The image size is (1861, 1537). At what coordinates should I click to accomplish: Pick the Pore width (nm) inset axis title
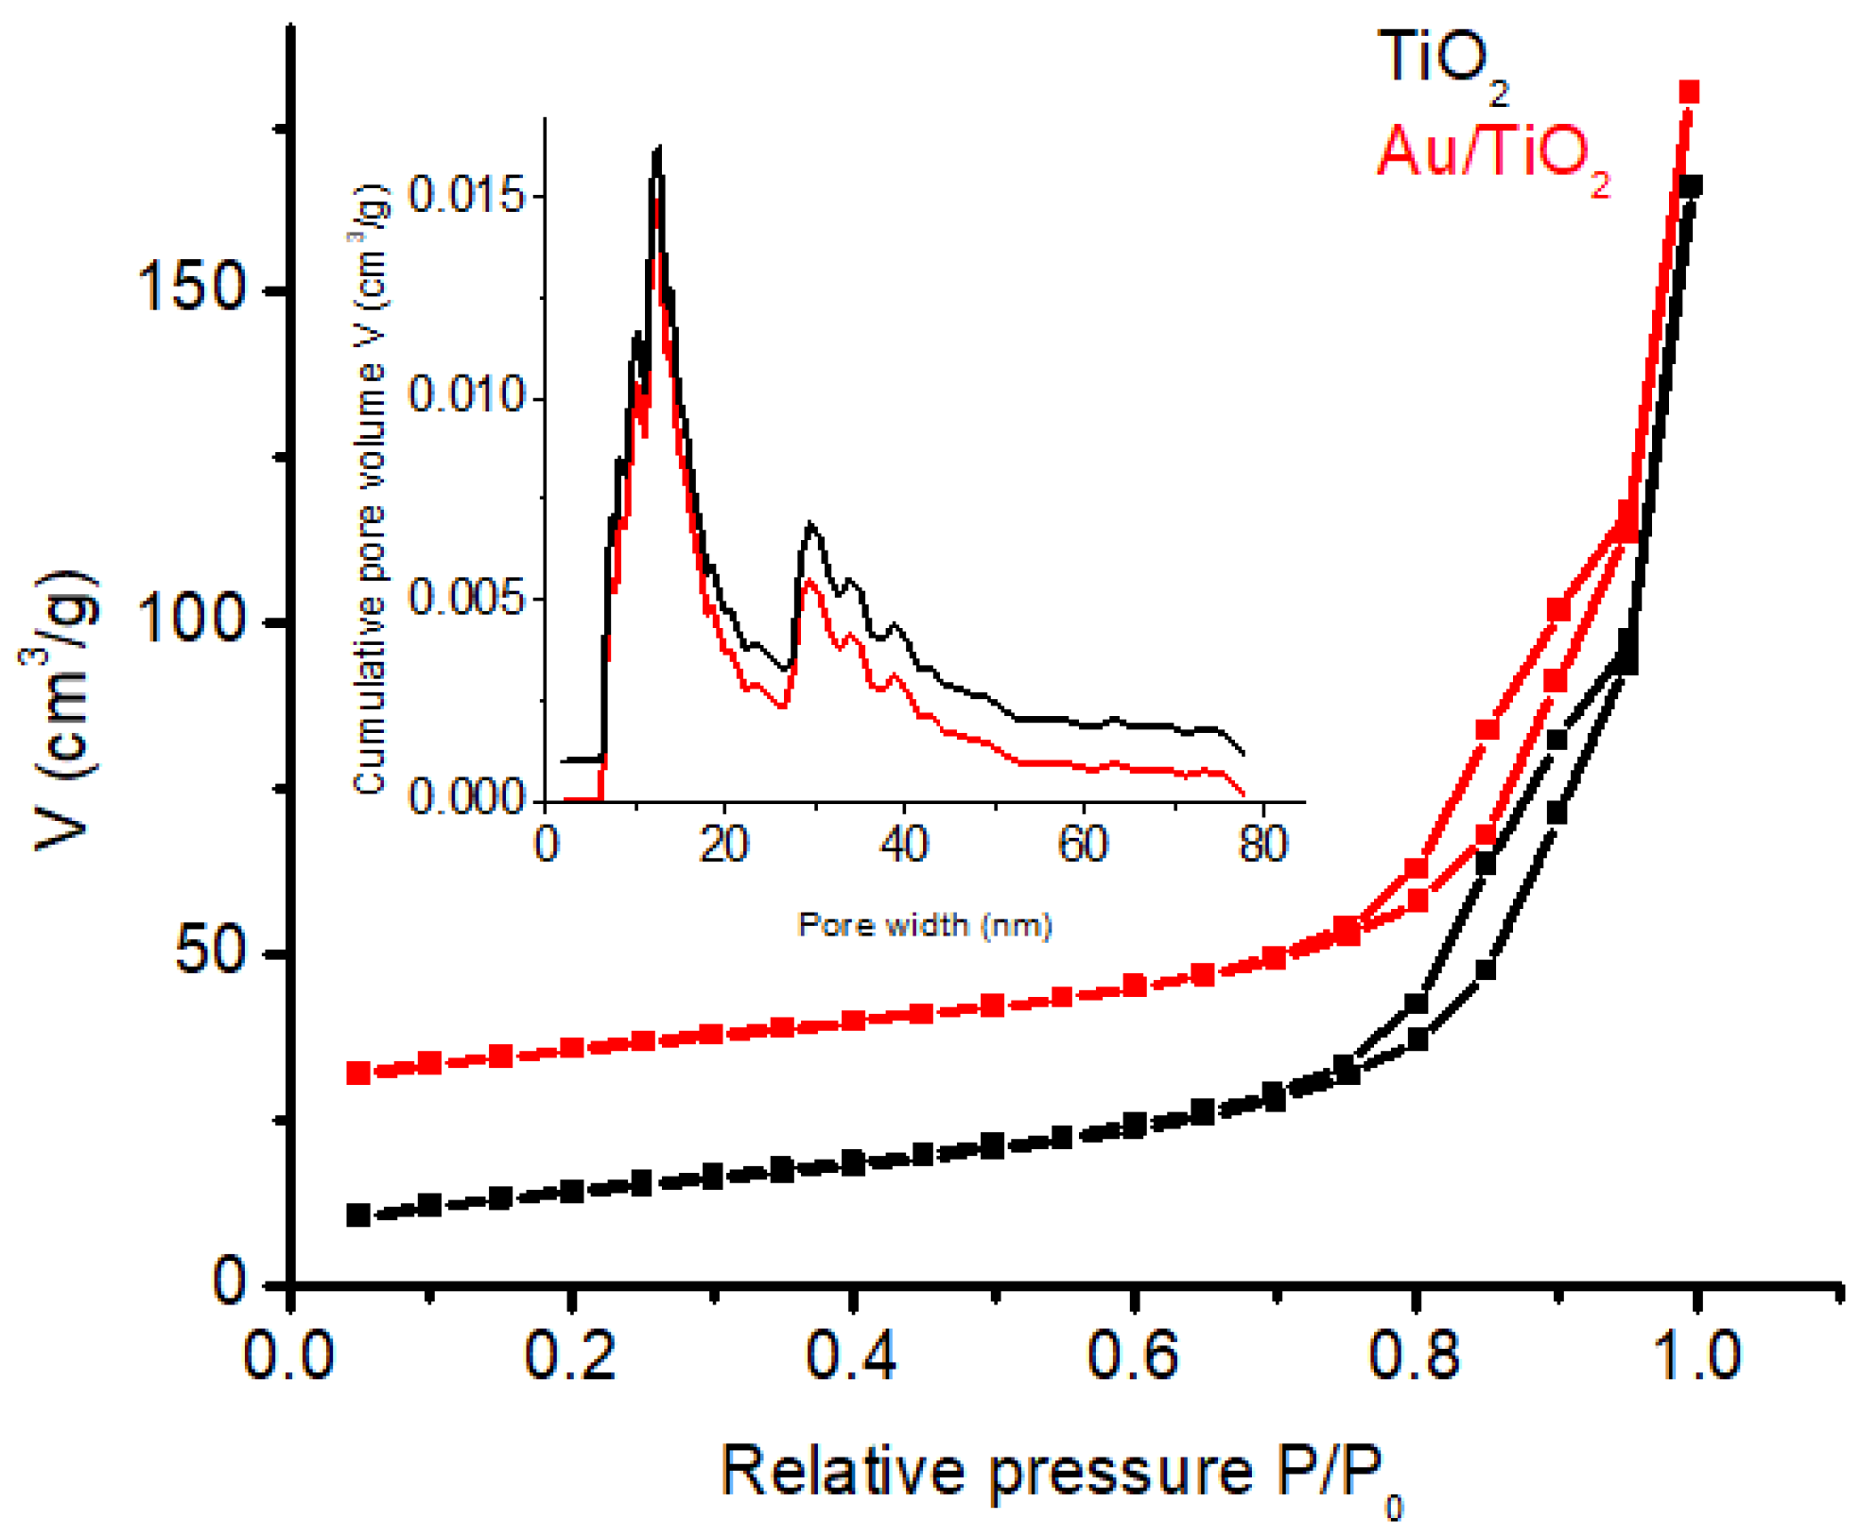(925, 924)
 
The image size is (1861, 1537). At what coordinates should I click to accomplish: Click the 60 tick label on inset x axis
(1083, 844)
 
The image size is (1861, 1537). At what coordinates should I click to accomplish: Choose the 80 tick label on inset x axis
(1262, 844)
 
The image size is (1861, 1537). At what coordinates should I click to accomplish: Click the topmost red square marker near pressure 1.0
(1689, 92)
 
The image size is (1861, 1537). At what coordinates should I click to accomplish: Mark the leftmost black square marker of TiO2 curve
(358, 1214)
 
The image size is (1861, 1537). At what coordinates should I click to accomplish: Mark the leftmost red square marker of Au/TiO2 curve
(358, 1073)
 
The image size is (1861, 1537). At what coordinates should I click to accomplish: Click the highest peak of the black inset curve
(657, 148)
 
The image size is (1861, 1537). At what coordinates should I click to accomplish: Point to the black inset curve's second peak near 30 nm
(809, 523)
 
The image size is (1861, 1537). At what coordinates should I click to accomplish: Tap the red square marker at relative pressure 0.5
(992, 1004)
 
